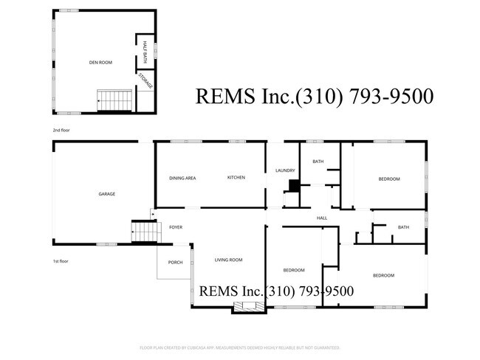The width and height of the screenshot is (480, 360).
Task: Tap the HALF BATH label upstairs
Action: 146,50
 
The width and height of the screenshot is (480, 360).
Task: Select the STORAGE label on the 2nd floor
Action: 147,80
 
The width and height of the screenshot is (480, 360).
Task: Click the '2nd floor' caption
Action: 61,130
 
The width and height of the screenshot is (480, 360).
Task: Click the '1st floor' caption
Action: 61,261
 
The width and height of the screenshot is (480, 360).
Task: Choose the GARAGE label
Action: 107,194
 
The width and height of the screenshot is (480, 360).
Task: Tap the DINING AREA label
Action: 182,178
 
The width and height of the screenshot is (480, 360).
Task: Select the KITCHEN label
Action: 236,178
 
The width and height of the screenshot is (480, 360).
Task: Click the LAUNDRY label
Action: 285,170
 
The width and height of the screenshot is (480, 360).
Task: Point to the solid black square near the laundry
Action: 293,186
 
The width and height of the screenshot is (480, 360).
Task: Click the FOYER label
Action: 176,227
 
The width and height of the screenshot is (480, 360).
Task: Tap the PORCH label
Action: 176,262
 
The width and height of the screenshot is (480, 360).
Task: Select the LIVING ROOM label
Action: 228,260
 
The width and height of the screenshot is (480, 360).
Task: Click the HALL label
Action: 322,218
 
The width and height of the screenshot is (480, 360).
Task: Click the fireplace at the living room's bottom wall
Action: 244,308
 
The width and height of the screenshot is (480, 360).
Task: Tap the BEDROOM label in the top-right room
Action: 389,179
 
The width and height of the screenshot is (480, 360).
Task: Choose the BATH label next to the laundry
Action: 318,162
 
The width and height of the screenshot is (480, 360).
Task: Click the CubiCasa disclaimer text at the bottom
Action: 239,347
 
